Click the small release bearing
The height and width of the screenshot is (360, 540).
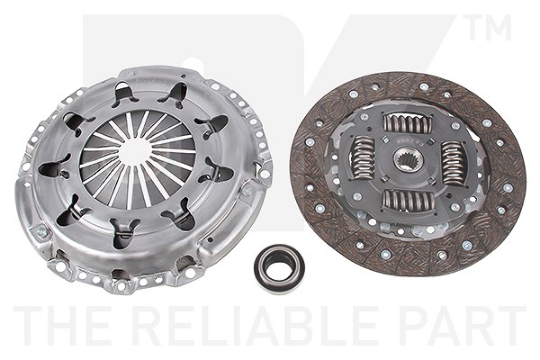(279, 268)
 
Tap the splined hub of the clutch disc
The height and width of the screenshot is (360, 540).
(408, 158)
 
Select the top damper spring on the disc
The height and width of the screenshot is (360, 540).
(408, 123)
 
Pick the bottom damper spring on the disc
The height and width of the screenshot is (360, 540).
(409, 200)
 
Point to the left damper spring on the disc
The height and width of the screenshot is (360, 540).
(363, 157)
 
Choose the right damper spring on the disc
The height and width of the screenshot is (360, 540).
(454, 163)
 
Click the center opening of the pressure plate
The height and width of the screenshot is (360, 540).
(136, 150)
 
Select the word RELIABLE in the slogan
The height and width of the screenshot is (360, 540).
(256, 325)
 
